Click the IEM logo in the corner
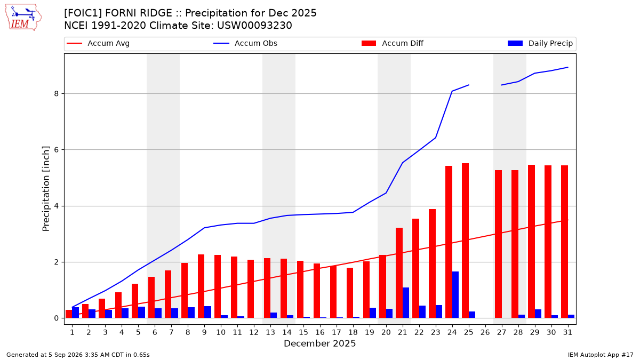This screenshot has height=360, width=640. point(23,18)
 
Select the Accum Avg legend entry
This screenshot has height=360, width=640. point(98,43)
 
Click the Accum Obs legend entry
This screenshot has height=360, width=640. point(245,43)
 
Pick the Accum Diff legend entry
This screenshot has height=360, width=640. point(393,43)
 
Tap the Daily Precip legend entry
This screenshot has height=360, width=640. point(540,43)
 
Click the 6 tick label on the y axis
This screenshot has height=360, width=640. point(57,150)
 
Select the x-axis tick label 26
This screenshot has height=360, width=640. point(485,332)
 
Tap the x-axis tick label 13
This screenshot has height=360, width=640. point(270,332)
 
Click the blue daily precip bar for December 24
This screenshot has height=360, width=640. point(455,295)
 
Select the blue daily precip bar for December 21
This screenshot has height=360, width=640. point(406,303)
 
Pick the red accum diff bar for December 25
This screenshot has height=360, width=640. point(465,241)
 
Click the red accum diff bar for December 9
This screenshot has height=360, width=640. point(201,286)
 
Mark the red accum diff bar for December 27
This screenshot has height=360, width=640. point(498,244)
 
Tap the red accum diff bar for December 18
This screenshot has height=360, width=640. point(350,293)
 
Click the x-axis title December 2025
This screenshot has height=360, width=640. point(319,343)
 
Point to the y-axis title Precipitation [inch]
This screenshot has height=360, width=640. point(46,189)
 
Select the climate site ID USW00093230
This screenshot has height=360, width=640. point(254,26)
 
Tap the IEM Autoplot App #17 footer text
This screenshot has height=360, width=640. point(601,355)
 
